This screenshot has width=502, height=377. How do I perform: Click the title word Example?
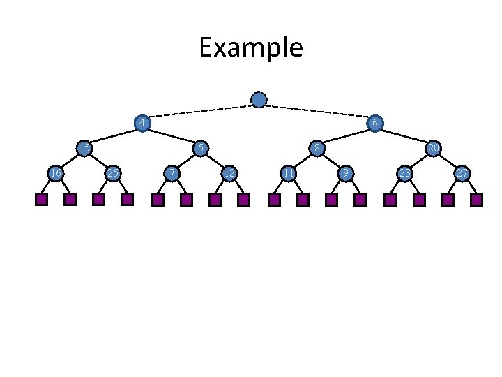[250, 48]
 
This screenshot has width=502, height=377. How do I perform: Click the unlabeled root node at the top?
[259, 100]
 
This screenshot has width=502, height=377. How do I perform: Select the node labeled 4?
[142, 124]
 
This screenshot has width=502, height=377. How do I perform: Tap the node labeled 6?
[375, 124]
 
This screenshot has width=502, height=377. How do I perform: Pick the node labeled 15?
[84, 148]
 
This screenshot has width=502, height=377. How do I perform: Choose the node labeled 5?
[200, 148]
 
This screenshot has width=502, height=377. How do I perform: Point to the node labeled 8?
[317, 148]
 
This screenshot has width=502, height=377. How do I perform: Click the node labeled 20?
[433, 148]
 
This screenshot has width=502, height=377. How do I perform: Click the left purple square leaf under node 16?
[41, 200]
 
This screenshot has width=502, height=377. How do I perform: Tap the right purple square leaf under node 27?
[476, 200]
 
